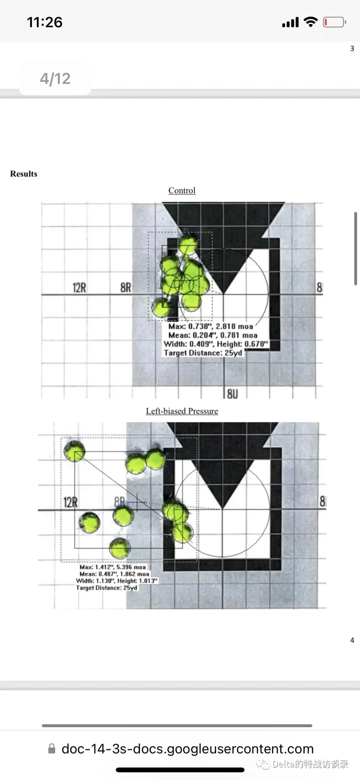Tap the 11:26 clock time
coord(45,22)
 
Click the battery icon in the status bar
coord(334,22)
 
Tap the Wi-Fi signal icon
coord(311,22)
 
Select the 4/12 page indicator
coord(55,79)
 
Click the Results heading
coord(24,174)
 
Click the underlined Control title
coord(182,190)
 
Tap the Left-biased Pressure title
coord(182,411)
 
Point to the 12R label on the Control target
coord(79,287)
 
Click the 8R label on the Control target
coord(126,287)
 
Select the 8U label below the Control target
coord(232,394)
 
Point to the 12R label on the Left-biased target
coord(70,502)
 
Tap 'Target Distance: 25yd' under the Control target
coord(203,353)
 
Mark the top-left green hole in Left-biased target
coord(74,451)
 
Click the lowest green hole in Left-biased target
coord(120,548)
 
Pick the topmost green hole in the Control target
coord(188,245)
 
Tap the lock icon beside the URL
coord(52,749)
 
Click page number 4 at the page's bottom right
coord(352,640)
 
